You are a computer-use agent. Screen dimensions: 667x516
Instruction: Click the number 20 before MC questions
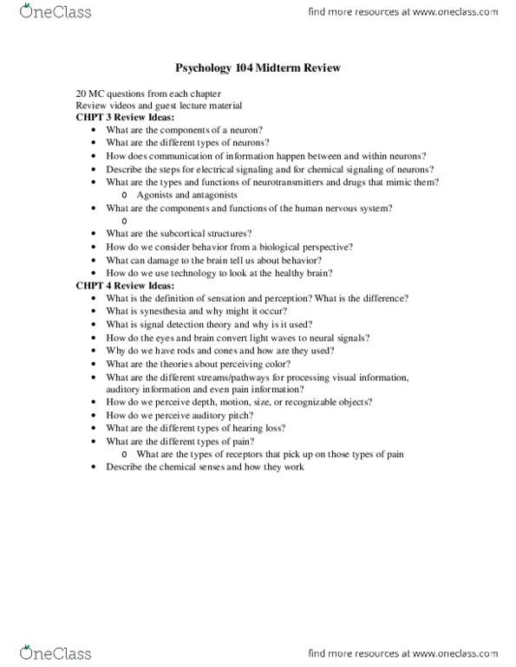click(x=81, y=93)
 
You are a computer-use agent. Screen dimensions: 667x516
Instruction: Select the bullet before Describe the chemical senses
click(x=94, y=469)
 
